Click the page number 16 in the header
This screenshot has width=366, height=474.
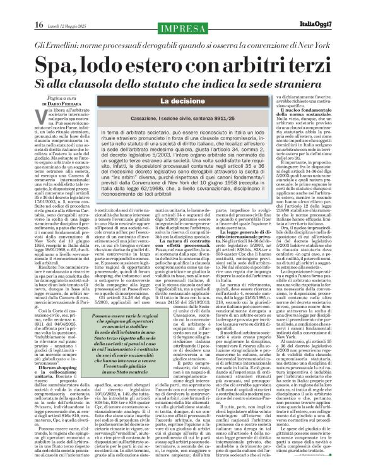pyautogui.click(x=21, y=8)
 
